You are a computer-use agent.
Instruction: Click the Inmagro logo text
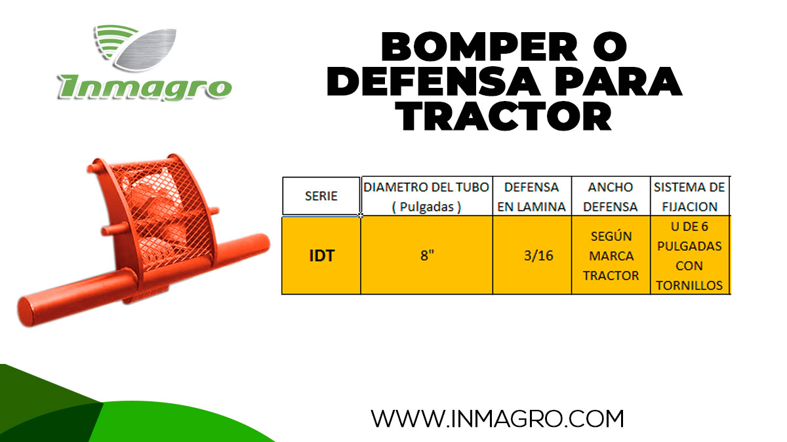point(145,88)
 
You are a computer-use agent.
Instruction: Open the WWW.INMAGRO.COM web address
point(497,418)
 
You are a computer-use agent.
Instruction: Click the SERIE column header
point(321,196)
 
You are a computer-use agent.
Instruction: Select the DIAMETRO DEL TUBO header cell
point(426,196)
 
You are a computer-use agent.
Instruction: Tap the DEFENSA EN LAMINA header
point(532,196)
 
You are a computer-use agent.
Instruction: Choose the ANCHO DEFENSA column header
point(611,196)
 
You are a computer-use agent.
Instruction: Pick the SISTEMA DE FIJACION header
point(689,196)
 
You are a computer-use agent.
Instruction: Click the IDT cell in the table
point(321,255)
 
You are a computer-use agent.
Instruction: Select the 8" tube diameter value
point(427,255)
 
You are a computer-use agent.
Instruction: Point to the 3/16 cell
point(539,255)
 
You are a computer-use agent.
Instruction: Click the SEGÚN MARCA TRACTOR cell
point(611,255)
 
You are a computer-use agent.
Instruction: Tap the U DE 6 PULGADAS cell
point(689,255)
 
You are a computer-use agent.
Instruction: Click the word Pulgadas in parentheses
point(427,207)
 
